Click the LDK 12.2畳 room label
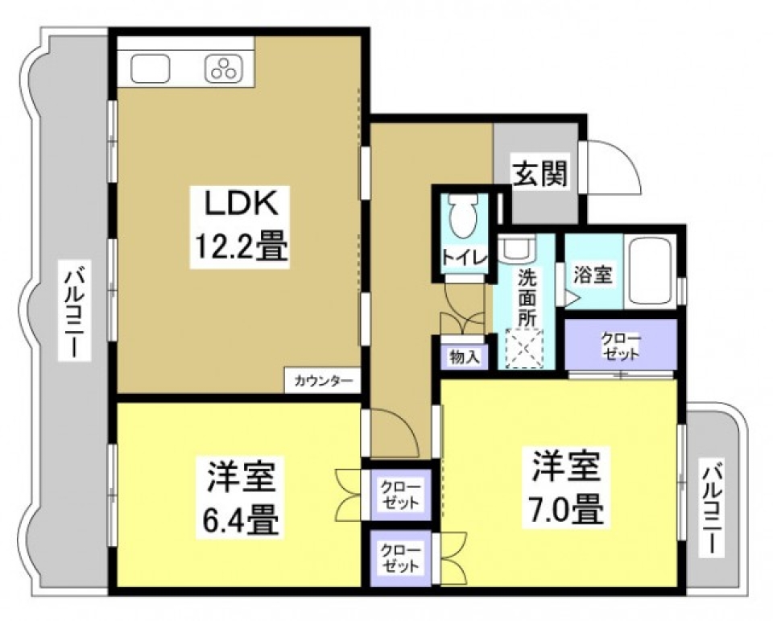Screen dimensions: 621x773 238,226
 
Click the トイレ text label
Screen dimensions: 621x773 463,258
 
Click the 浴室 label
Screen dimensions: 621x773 592,274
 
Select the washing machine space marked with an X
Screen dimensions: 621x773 525,348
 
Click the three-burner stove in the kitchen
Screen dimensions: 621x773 223,70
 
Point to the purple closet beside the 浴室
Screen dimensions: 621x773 620,346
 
